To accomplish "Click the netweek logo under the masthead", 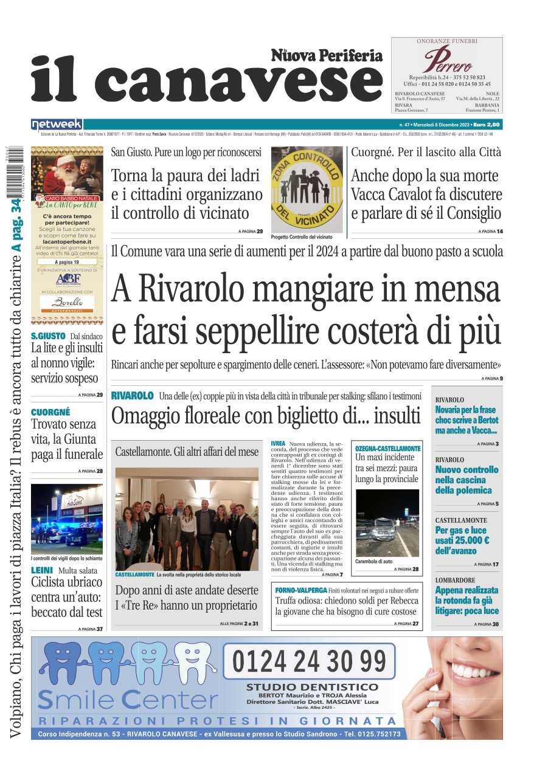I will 57,124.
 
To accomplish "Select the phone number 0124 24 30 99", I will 309,661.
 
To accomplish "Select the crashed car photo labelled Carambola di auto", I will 387,523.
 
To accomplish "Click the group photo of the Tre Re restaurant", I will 186,519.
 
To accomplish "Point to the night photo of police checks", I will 67,518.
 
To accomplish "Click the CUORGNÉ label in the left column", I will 50,412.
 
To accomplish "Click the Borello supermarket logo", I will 67,303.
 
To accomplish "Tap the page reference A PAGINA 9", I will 492,379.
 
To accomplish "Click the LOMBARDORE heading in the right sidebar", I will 456,580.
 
